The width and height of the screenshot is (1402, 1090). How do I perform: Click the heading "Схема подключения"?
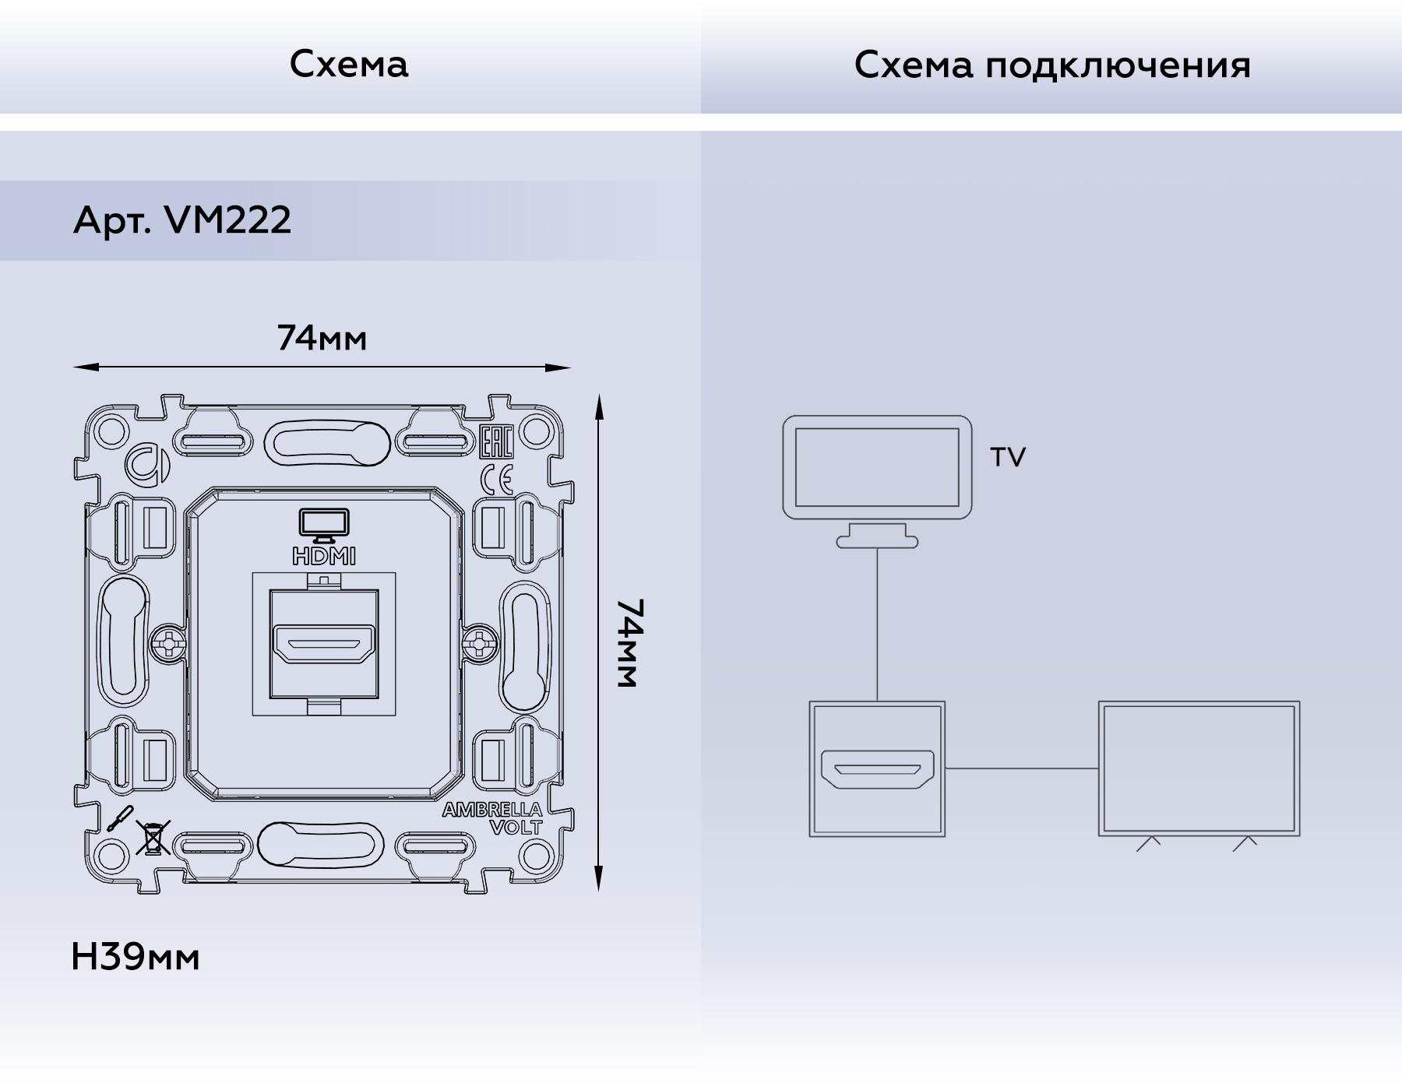click(1051, 65)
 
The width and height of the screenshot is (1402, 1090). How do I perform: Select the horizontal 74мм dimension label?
click(322, 339)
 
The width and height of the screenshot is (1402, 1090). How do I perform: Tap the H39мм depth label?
click(135, 957)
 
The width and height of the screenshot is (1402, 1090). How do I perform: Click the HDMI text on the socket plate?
click(324, 556)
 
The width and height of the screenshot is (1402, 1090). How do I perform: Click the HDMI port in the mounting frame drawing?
click(323, 645)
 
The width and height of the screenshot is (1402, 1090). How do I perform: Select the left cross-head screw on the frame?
click(168, 643)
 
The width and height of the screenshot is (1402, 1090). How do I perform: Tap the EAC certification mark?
click(495, 442)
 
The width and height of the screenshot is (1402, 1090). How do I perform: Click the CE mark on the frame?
click(496, 480)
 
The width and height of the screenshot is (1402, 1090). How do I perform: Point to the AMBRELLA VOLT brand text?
click(493, 818)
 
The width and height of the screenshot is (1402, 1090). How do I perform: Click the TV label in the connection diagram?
click(1008, 457)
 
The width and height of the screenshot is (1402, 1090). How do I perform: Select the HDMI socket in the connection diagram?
click(877, 769)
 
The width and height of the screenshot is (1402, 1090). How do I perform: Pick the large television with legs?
click(1199, 769)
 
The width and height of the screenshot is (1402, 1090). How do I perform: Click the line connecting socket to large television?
click(1021, 768)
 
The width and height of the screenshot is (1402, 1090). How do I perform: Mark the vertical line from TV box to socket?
click(877, 623)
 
